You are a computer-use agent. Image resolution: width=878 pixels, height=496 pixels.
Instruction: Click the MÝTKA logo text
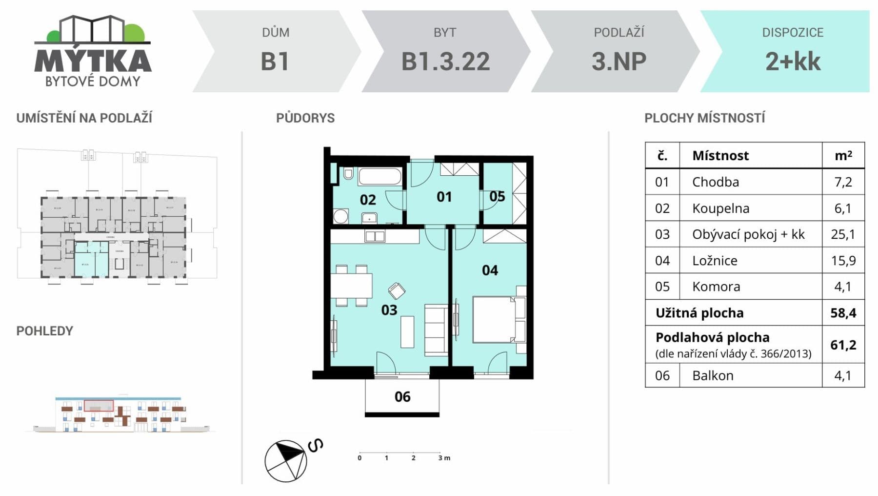[x=93, y=61]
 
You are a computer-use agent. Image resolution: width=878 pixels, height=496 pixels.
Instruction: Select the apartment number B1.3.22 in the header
[x=445, y=62]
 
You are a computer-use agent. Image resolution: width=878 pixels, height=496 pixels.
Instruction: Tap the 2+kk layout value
[x=793, y=62]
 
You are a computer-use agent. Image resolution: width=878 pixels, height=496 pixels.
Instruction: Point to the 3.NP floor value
[x=619, y=62]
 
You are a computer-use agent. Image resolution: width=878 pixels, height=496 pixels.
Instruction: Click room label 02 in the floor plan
[x=368, y=200]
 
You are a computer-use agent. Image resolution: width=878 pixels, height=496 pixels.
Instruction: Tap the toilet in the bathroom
[x=348, y=173]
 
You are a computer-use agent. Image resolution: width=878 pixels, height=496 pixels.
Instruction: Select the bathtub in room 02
[x=380, y=176]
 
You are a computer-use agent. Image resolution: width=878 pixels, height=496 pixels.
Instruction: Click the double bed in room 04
[x=494, y=319]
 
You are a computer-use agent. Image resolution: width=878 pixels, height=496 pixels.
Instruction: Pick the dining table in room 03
[x=351, y=286]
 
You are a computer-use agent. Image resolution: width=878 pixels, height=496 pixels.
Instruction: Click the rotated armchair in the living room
[x=397, y=291]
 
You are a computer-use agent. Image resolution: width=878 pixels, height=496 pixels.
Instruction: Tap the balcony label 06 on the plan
[x=402, y=396]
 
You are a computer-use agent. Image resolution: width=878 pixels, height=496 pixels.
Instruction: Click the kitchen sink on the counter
[x=375, y=237]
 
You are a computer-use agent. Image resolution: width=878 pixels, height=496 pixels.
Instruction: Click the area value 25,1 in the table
[x=843, y=234]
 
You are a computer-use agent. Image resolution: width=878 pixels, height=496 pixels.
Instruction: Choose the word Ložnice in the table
[x=715, y=261]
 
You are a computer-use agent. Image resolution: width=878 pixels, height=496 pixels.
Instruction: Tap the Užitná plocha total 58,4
[x=843, y=313]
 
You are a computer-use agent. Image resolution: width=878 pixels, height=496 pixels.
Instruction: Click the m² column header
[x=843, y=156]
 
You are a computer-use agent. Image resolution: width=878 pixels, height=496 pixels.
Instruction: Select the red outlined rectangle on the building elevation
[x=99, y=405]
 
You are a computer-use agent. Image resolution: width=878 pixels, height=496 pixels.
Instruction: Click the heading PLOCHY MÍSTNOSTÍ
[x=704, y=118]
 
